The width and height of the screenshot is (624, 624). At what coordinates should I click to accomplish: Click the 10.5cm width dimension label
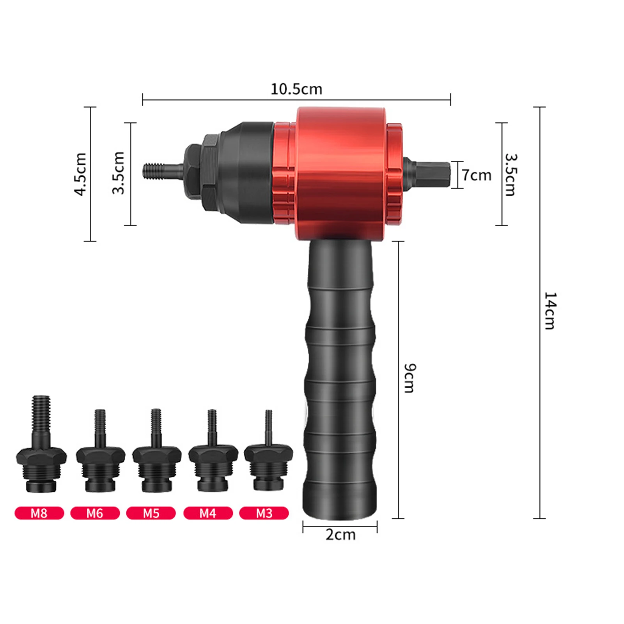click(296, 89)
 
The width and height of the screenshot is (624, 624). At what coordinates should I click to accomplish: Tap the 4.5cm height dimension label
click(81, 174)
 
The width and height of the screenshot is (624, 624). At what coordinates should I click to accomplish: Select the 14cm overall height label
click(550, 310)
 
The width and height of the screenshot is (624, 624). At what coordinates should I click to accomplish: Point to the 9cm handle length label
click(409, 378)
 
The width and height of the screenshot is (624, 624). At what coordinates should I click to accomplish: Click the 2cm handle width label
click(340, 535)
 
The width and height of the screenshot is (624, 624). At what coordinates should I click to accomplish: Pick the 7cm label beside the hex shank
click(477, 175)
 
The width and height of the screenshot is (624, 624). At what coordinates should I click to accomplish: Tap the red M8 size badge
click(39, 513)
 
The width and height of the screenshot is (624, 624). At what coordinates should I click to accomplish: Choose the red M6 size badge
click(95, 513)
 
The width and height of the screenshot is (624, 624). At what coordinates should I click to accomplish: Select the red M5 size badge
click(151, 513)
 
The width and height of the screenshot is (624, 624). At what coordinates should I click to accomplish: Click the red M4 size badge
click(208, 513)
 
